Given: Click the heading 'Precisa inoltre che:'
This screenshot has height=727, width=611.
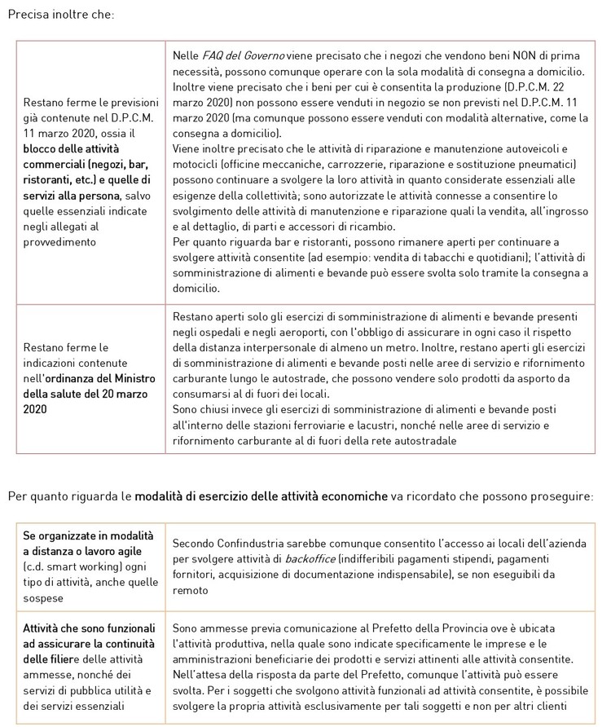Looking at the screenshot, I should coord(61,15).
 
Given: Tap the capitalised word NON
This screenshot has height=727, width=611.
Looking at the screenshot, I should coord(521,55).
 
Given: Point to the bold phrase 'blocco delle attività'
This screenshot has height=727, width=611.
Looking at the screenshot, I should coord(72,148).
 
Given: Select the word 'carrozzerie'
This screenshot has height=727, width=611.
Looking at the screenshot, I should coord(344,164).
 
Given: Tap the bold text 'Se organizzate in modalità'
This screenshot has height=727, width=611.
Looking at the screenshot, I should coord(88,535).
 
